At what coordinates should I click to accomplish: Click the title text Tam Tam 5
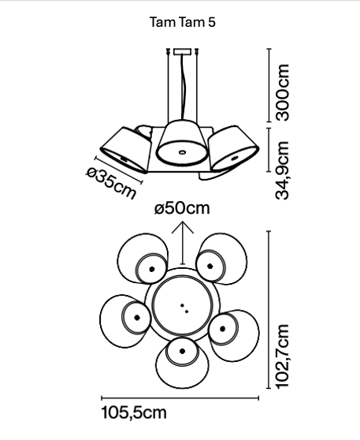[183, 22]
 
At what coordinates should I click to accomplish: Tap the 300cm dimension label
[282, 92]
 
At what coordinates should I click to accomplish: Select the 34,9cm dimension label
[282, 170]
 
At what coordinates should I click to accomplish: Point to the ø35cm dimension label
[111, 183]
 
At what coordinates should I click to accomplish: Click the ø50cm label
[182, 208]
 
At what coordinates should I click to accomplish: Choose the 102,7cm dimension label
[282, 356]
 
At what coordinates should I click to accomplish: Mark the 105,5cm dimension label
[134, 412]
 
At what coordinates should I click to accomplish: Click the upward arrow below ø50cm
[183, 243]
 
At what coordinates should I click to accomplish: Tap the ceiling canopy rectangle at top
[182, 51]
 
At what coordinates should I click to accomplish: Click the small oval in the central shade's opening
[182, 152]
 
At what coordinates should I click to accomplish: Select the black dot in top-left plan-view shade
[152, 269]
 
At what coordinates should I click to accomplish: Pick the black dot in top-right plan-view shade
[210, 266]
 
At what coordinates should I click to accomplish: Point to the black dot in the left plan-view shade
[137, 318]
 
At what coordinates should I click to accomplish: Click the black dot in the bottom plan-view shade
[183, 351]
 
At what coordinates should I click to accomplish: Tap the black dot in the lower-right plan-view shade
[223, 329]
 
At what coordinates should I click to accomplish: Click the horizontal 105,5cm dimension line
[180, 397]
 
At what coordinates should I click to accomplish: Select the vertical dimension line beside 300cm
[269, 85]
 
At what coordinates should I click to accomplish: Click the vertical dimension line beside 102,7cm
[269, 310]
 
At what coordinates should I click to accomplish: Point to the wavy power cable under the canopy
[183, 87]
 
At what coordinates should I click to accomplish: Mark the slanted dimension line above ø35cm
[119, 170]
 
